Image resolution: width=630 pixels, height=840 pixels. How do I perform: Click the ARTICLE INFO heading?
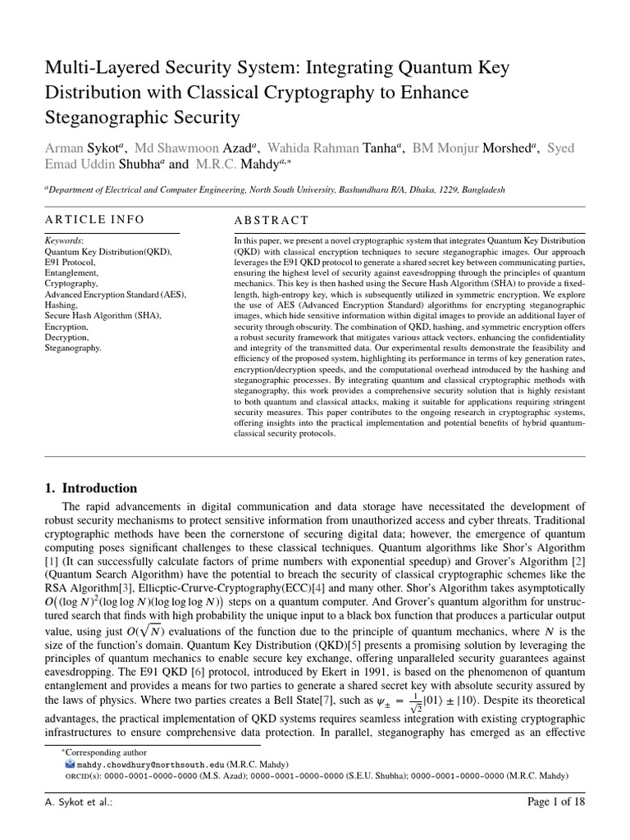point(94,219)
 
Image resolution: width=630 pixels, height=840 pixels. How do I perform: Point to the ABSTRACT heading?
point(272,220)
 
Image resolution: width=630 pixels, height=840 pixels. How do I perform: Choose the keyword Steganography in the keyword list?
point(73,348)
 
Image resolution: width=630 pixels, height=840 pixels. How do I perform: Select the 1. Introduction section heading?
point(90,488)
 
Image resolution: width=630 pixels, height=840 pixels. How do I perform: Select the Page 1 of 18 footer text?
point(555,802)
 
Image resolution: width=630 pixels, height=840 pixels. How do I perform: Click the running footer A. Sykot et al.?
point(79,802)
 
